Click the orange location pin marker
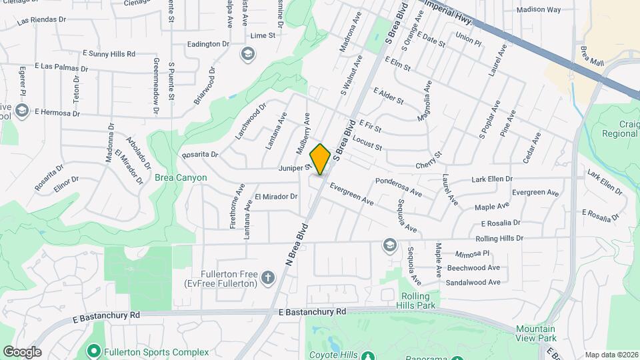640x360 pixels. (x=320, y=159)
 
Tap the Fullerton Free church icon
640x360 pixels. (x=267, y=277)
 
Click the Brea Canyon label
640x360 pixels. (x=181, y=178)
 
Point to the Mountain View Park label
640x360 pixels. (x=535, y=333)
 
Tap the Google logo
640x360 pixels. (x=22, y=352)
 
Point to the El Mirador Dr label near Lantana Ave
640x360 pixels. (x=276, y=197)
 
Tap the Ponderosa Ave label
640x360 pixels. (x=399, y=186)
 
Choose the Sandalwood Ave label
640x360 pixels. (x=473, y=282)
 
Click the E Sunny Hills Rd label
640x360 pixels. (x=109, y=53)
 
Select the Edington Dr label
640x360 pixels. (x=208, y=44)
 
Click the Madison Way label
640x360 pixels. (x=539, y=10)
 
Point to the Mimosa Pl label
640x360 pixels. (x=473, y=254)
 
